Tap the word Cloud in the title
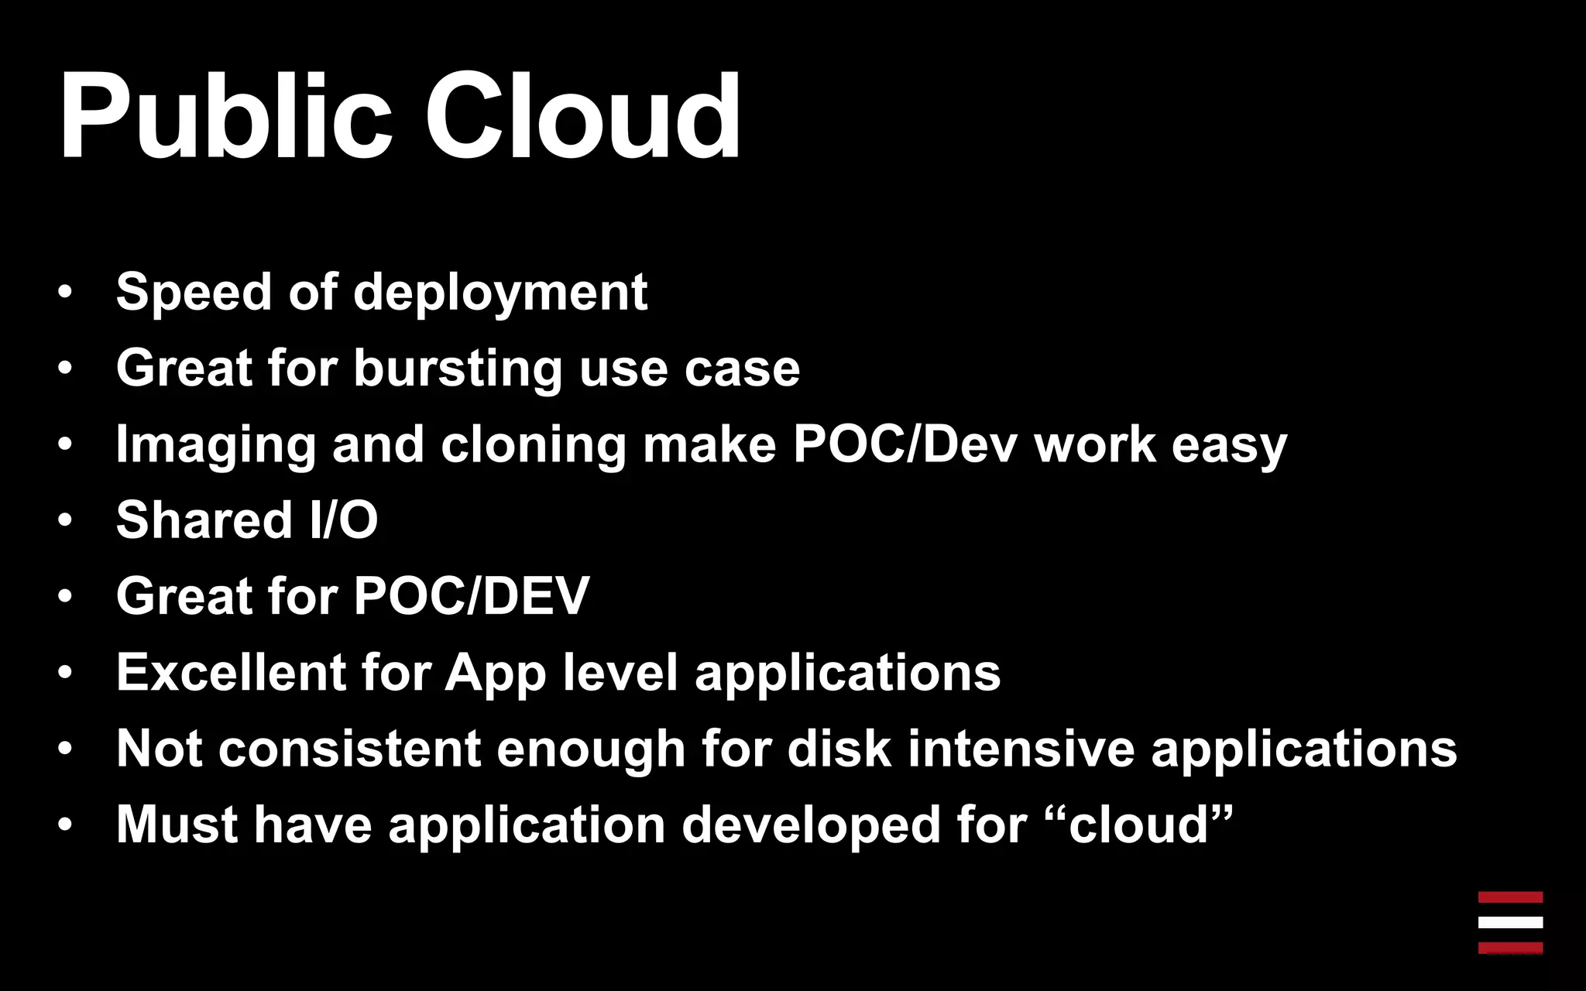pos(582,116)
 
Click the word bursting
pos(459,369)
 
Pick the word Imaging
pos(215,446)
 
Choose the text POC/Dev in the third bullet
pos(904,444)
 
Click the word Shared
pos(204,520)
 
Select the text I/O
pos(344,520)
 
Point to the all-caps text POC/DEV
pos(472,596)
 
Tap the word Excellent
pos(231,672)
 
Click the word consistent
pos(350,749)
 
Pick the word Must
pos(177,825)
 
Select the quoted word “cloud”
pos(1138,825)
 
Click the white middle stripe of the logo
pos(1510,922)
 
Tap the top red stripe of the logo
pos(1510,897)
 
